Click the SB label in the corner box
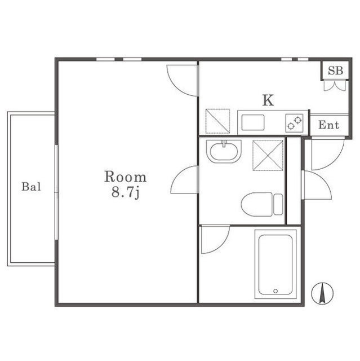point(335,71)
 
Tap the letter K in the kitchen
point(268,100)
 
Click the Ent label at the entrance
point(329,125)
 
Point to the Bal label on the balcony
point(31,187)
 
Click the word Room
point(126,177)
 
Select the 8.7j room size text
point(126,192)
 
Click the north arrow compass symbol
point(322,293)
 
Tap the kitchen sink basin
point(252,122)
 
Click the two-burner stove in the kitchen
point(294,123)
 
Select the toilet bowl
point(257,204)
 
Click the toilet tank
point(278,204)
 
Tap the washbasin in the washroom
point(224,151)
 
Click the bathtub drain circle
point(275,291)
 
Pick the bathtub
point(275,265)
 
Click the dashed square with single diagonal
point(217,121)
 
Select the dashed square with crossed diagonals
point(268,156)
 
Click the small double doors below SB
point(335,85)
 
